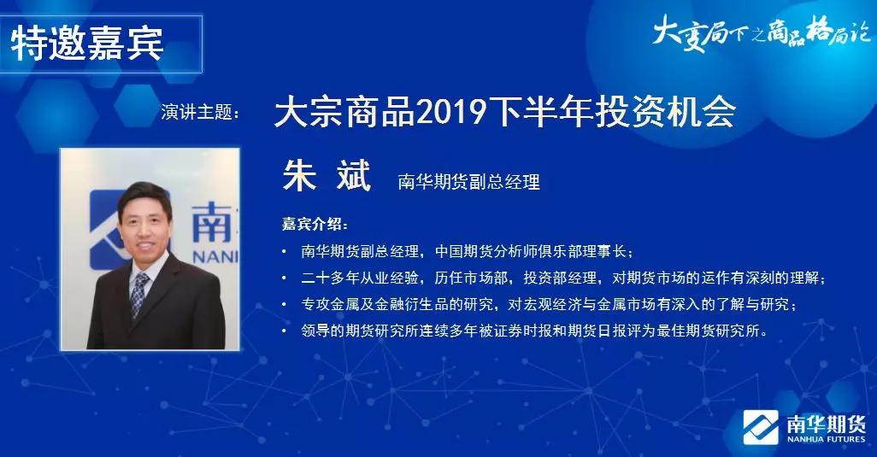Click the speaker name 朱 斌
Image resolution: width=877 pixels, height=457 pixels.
click(x=327, y=174)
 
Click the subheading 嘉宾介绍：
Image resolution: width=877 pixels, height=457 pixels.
click(x=315, y=225)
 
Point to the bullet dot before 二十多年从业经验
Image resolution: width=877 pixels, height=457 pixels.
click(x=285, y=278)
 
